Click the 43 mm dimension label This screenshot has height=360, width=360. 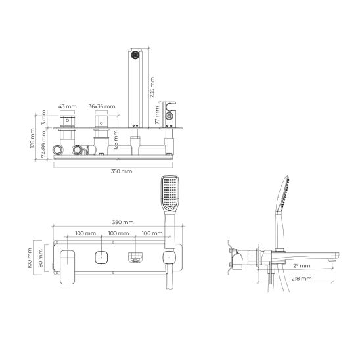(67, 106)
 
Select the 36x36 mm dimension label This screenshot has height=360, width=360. (102, 106)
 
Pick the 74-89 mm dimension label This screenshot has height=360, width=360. (44, 145)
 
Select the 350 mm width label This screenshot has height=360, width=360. (122, 171)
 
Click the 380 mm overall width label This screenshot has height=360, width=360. (122, 222)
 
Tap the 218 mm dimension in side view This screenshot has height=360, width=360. (304, 279)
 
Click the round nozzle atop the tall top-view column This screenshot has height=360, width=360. (136, 56)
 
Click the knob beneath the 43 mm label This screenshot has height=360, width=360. (67, 122)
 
